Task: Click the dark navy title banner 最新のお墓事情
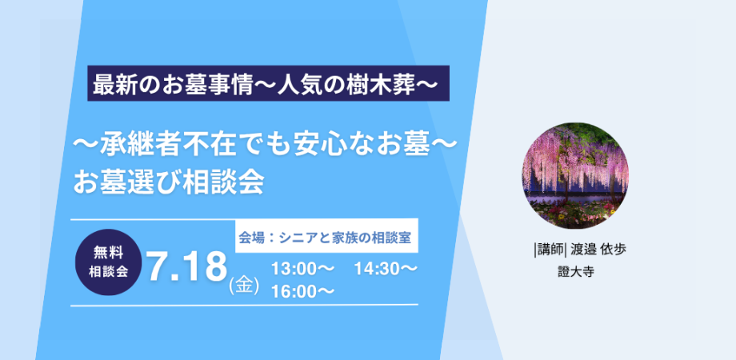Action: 268,83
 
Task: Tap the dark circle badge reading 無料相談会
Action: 109,262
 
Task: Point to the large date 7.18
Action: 187,267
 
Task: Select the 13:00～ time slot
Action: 302,269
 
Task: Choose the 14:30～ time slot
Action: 386,269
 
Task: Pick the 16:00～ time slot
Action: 302,291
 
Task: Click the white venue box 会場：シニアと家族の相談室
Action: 326,236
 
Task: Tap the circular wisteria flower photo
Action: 575,175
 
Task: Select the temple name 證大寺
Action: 576,273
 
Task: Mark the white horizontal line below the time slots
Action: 244,305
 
